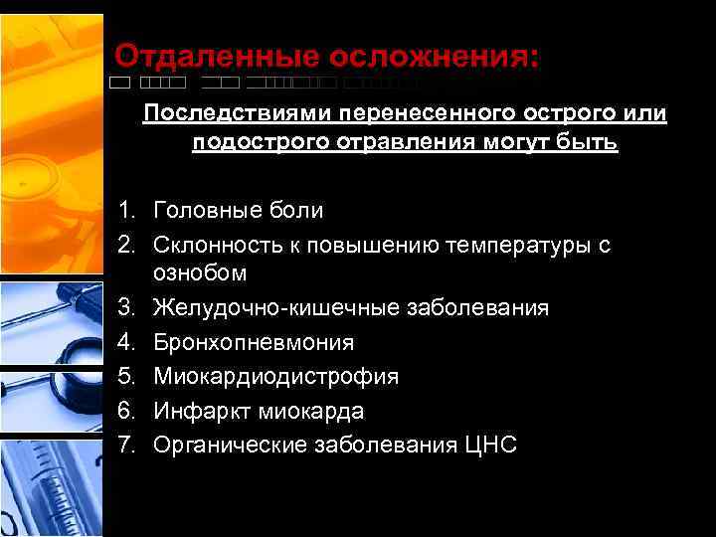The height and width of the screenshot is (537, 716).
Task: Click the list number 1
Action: tap(124, 211)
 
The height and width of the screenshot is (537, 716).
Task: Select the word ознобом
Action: tap(200, 272)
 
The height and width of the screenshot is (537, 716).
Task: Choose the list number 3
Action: tap(125, 308)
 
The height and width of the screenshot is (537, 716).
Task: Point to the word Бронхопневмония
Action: tap(254, 343)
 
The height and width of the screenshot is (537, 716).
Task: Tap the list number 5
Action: tap(125, 377)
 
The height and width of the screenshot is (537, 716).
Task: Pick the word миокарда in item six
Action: tap(308, 411)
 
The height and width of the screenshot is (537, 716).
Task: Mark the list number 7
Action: tap(125, 445)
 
